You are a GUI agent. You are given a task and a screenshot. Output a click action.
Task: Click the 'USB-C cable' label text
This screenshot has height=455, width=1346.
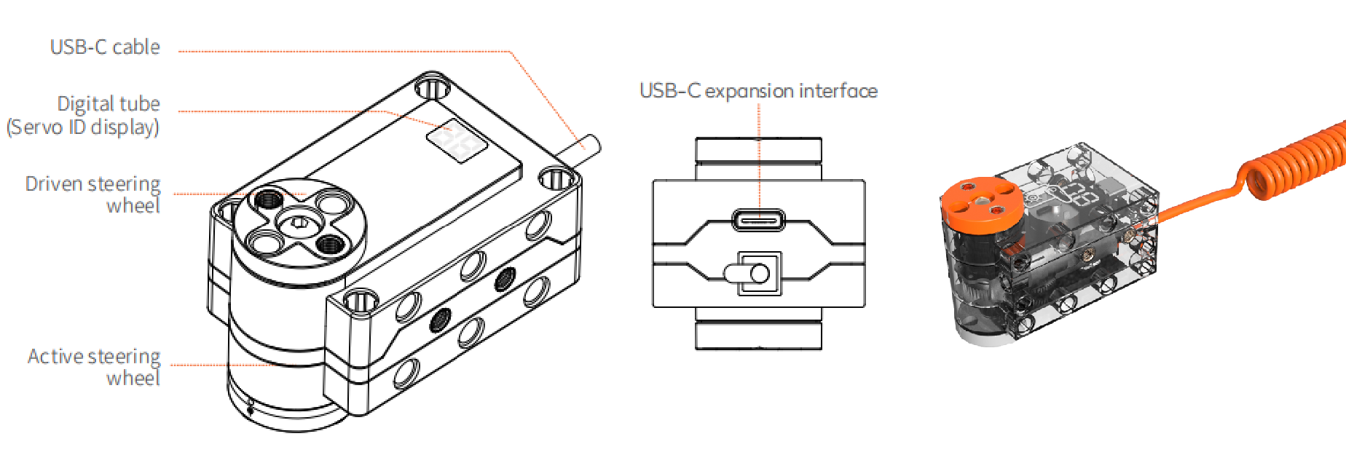click(x=105, y=47)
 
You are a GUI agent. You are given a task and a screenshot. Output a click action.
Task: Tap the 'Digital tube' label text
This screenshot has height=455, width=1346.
click(x=109, y=103)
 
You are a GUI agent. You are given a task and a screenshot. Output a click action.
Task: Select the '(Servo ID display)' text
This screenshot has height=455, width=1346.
click(x=83, y=127)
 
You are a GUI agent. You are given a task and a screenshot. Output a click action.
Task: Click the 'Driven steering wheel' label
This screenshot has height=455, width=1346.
click(x=93, y=194)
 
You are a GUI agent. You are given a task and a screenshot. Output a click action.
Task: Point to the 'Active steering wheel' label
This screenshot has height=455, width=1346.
click(x=94, y=366)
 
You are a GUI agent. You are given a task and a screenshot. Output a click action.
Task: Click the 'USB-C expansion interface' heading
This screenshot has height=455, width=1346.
click(x=758, y=91)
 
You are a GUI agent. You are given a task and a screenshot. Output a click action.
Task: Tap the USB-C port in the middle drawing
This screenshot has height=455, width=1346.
click(x=758, y=219)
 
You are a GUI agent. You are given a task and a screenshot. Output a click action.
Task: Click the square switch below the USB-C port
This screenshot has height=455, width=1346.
click(x=759, y=274)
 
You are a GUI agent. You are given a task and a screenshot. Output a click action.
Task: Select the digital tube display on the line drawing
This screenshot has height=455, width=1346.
click(x=457, y=141)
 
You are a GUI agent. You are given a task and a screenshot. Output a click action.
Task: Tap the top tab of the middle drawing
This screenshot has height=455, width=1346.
click(x=758, y=149)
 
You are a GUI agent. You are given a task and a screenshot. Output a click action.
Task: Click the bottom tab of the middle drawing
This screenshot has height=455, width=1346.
click(x=758, y=336)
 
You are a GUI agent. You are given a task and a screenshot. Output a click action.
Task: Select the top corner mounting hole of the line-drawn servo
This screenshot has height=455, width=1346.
click(x=432, y=87)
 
